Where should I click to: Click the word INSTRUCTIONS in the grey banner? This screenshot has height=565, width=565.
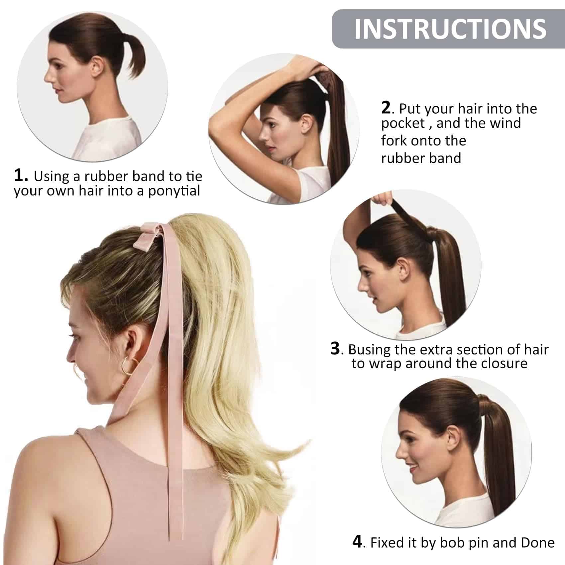click(x=450, y=29)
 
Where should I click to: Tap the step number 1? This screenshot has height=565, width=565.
click(x=21, y=175)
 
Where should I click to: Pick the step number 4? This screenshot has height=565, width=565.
click(x=357, y=542)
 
